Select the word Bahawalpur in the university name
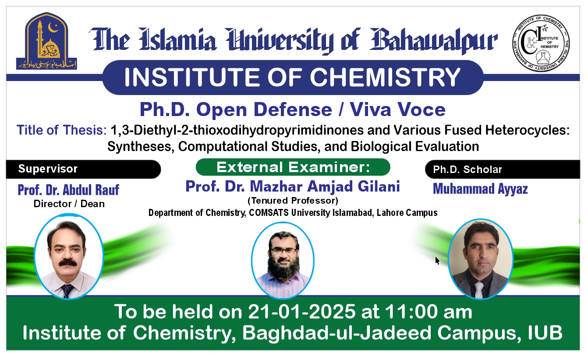pyautogui.click(x=434, y=40)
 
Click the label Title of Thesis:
pyautogui.click(x=62, y=130)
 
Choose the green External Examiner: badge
pyautogui.click(x=293, y=167)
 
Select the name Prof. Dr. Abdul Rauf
pyautogui.click(x=68, y=190)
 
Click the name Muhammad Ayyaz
pyautogui.click(x=480, y=189)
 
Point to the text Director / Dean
pyautogui.click(x=69, y=203)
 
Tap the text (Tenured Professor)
pyautogui.click(x=293, y=201)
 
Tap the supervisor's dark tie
pyautogui.click(x=67, y=291)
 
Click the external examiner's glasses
pyautogui.click(x=283, y=251)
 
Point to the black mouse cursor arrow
pyautogui.click(x=437, y=261)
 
